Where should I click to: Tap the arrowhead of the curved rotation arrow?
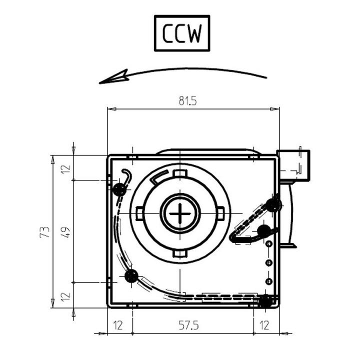tap(113, 77)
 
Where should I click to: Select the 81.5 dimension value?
tap(188, 100)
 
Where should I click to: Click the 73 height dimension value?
tap(44, 232)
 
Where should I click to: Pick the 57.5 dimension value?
tap(188, 325)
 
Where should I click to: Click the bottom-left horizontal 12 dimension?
tap(118, 325)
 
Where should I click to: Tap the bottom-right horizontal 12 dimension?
tap(264, 325)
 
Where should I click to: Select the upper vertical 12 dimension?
tap(66, 169)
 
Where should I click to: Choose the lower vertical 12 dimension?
tap(66, 296)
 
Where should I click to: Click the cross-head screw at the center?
tap(180, 213)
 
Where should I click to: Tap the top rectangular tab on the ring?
tap(180, 173)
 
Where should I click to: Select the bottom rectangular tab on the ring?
tap(180, 253)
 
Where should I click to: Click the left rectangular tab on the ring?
tap(139, 213)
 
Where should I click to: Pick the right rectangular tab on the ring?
tap(220, 213)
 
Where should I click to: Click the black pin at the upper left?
tap(119, 189)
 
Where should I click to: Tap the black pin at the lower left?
tap(131, 275)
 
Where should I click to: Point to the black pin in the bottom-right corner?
tap(265, 301)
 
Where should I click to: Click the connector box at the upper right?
tap(293, 165)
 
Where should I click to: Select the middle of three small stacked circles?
tap(269, 262)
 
